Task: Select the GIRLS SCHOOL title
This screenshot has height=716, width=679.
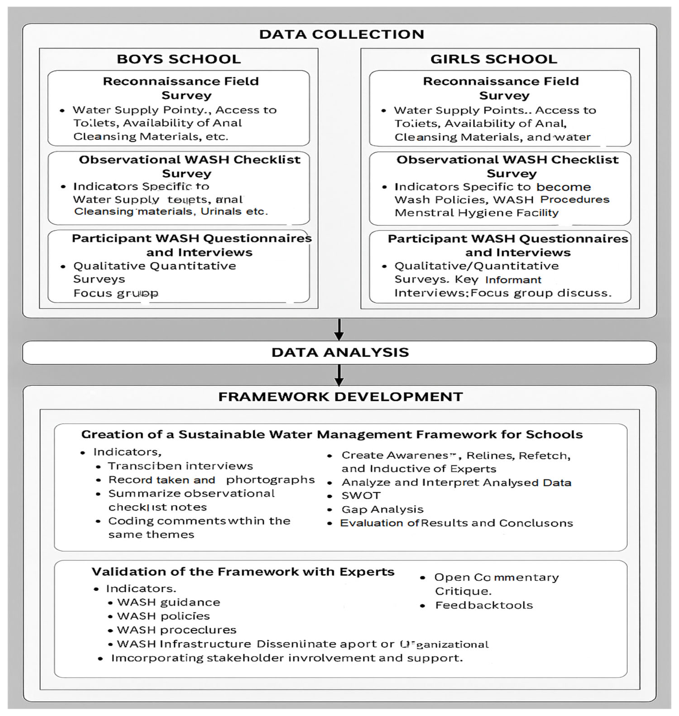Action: click(x=493, y=59)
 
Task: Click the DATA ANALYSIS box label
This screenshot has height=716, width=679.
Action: click(x=340, y=352)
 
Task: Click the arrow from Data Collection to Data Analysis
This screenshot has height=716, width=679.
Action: click(x=339, y=330)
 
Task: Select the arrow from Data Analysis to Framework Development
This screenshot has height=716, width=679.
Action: click(x=339, y=375)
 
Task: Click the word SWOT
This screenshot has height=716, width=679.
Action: click(x=361, y=496)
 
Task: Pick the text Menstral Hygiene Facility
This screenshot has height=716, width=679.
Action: click(x=476, y=213)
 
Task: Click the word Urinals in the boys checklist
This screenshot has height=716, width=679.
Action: click(x=221, y=211)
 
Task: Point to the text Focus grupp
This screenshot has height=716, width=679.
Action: click(x=116, y=293)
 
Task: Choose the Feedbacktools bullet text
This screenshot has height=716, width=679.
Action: click(x=484, y=605)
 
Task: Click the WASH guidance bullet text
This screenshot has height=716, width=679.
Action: click(x=169, y=602)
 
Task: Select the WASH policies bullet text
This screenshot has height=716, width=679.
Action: click(x=163, y=616)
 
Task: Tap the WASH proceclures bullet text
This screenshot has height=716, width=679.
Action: click(x=177, y=630)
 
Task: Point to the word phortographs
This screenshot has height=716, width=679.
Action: click(x=270, y=480)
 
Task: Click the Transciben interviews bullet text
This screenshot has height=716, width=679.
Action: click(x=180, y=466)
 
